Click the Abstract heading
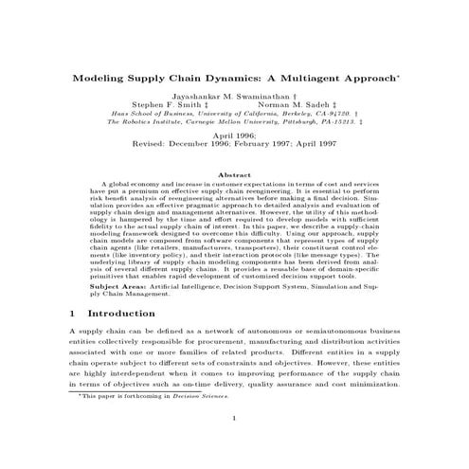(x=234, y=174)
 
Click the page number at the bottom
(x=235, y=444)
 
